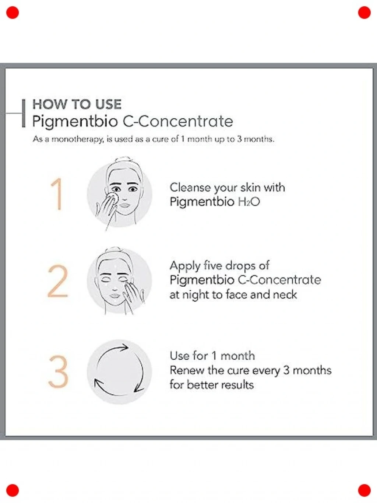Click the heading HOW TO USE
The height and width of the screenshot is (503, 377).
click(x=77, y=104)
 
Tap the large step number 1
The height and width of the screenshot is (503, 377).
click(x=57, y=194)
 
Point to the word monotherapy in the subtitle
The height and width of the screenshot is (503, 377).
click(x=78, y=139)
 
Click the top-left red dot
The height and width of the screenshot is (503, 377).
click(x=13, y=13)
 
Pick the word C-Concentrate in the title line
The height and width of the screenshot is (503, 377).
click(x=178, y=121)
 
